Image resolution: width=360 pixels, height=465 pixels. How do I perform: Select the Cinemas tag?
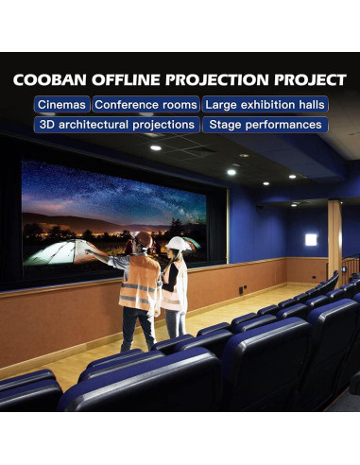(x=62, y=105)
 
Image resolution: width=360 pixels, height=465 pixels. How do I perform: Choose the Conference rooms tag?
(x=146, y=105)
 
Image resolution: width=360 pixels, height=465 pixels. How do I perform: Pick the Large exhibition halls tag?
(x=266, y=105)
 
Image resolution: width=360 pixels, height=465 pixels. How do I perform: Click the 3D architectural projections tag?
(x=117, y=125)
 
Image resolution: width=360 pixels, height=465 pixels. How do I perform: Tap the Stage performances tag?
(x=266, y=125)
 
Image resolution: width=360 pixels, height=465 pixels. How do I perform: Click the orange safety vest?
(x=141, y=282)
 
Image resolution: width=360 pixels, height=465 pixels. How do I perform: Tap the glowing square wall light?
(x=311, y=239)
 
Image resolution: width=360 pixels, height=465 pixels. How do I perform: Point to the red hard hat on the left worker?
(x=144, y=237)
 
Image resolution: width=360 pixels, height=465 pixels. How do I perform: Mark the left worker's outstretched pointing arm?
(x=104, y=255)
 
